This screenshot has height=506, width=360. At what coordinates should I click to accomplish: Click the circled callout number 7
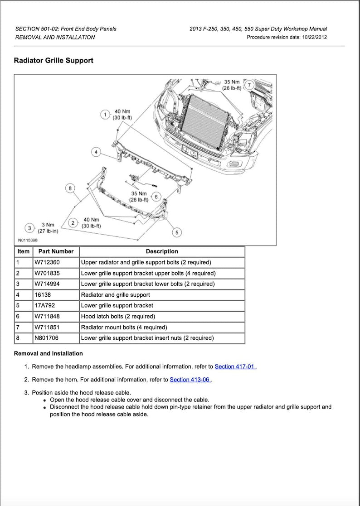tap(248, 85)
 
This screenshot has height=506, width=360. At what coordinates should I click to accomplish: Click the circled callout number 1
tap(105, 115)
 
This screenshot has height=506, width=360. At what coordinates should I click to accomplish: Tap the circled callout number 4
tap(96, 152)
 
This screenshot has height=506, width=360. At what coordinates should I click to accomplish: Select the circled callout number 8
tap(70, 188)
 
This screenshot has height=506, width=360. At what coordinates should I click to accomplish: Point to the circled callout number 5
tap(177, 232)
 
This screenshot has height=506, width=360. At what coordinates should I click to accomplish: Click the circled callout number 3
tap(156, 197)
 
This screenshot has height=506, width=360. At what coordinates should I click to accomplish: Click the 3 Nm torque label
tap(48, 227)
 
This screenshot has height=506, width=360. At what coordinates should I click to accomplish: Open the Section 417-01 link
tap(235, 366)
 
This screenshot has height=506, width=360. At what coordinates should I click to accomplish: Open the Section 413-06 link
tap(190, 380)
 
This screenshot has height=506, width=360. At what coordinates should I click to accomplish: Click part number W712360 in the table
tap(47, 262)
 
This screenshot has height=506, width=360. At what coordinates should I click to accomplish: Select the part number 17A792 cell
tap(45, 305)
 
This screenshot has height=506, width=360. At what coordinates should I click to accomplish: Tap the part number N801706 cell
tap(47, 338)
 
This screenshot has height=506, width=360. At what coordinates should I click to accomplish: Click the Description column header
tap(162, 251)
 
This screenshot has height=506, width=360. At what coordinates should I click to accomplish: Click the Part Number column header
tap(56, 251)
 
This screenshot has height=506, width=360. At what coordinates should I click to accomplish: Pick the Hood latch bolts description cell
tap(118, 316)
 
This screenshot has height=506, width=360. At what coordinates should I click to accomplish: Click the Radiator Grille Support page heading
tap(54, 60)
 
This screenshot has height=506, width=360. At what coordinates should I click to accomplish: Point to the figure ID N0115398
tap(28, 241)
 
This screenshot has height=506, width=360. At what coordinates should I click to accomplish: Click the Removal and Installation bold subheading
tap(49, 353)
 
